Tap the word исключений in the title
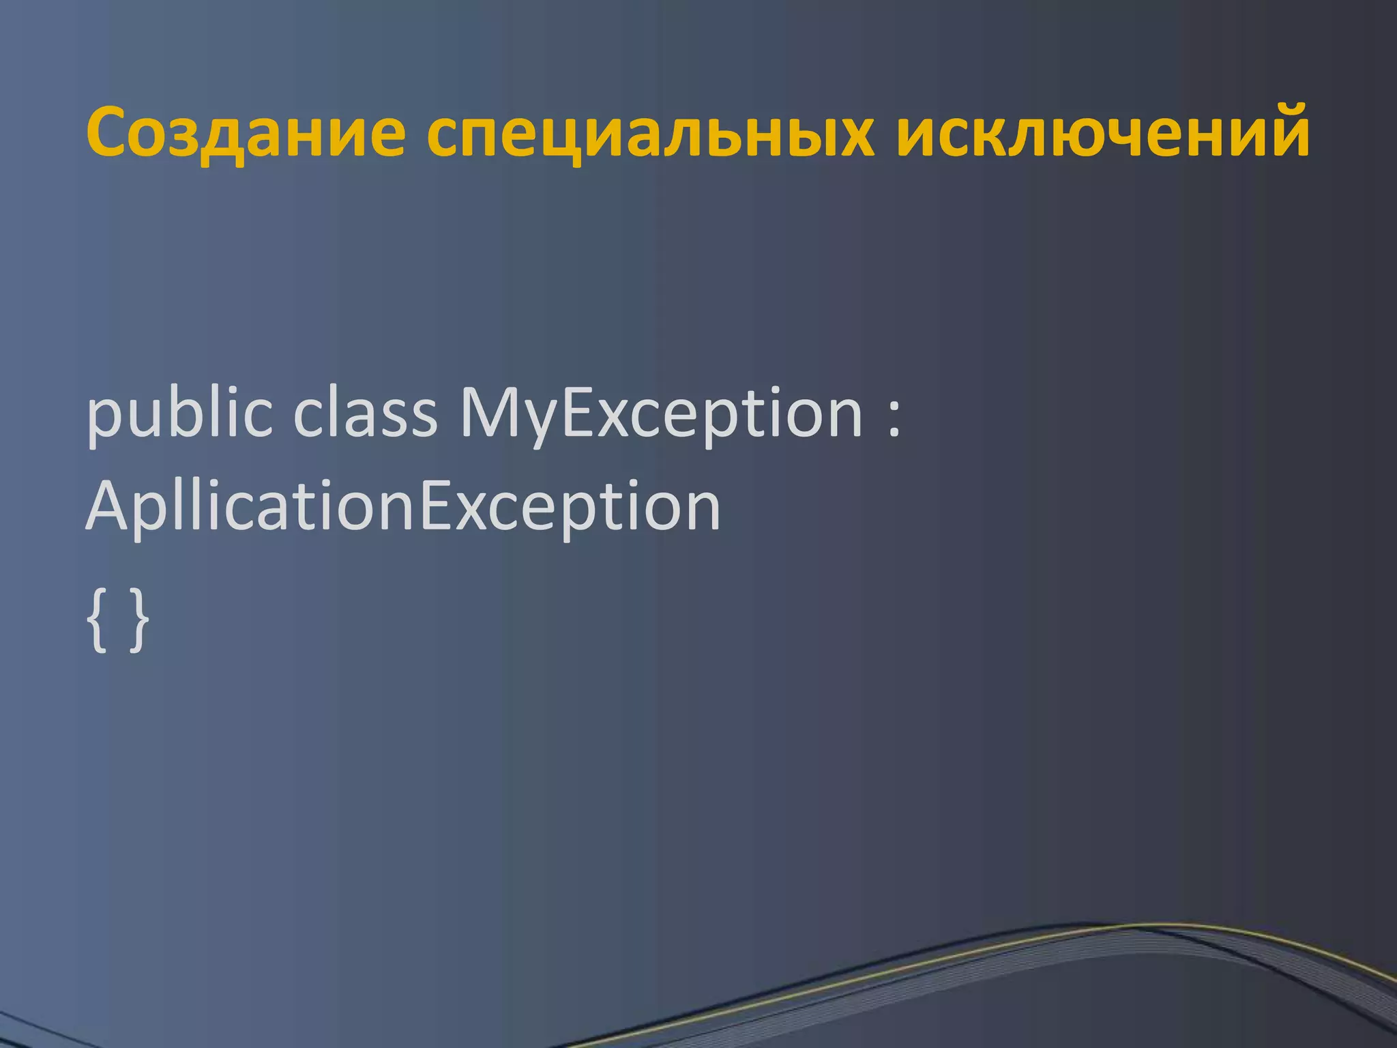[1102, 131]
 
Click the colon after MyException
[894, 417]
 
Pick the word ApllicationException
[402, 507]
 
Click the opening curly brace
[98, 621]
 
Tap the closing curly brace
[139, 621]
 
